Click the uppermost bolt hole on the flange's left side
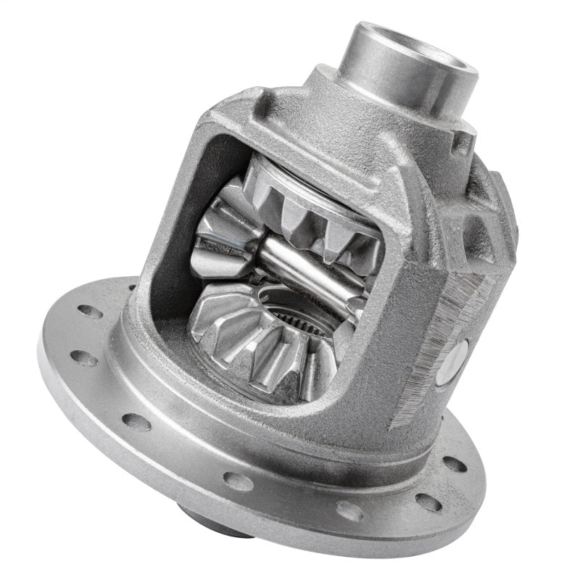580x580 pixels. point(90,311)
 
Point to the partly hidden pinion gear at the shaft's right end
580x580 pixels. point(362,290)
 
